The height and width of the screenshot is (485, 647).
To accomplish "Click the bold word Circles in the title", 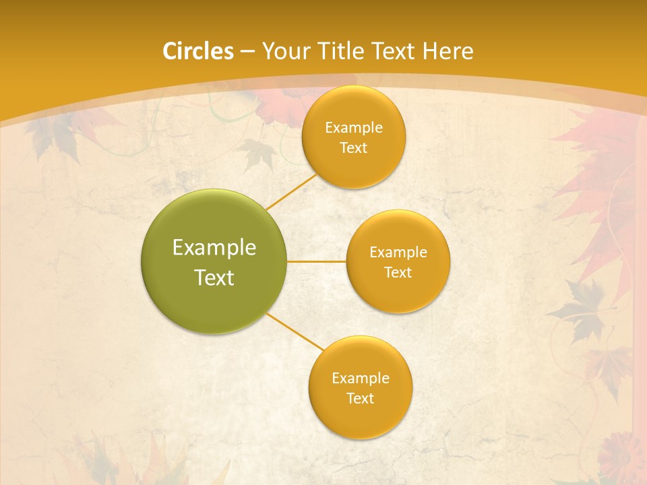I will (x=197, y=51).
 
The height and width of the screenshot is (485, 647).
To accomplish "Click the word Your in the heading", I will (x=284, y=51).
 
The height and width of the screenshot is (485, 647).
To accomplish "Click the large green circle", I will (x=214, y=261).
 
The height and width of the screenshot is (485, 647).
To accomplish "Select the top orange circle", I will (x=353, y=137).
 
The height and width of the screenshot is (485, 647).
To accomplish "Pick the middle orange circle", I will (x=398, y=261).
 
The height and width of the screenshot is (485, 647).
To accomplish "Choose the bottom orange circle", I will (x=360, y=387).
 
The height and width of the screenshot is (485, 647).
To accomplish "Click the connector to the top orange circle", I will (x=291, y=191).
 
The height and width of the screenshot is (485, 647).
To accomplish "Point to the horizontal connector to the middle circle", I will (x=316, y=261).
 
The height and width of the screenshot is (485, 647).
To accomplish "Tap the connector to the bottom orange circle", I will (x=295, y=332).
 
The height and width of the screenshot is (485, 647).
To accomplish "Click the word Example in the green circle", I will (x=214, y=248).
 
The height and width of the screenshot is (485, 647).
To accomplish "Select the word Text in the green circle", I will (x=214, y=277).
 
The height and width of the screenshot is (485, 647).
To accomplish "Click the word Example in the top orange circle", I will (x=354, y=127).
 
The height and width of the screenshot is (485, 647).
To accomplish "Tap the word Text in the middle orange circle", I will (x=398, y=272).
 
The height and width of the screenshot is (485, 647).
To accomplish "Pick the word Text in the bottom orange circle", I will (x=360, y=398).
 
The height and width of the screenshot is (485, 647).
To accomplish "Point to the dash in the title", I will (x=247, y=51).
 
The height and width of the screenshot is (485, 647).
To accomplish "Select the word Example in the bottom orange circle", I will (x=361, y=378).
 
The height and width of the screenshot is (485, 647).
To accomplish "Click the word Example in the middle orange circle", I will (x=398, y=252).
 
